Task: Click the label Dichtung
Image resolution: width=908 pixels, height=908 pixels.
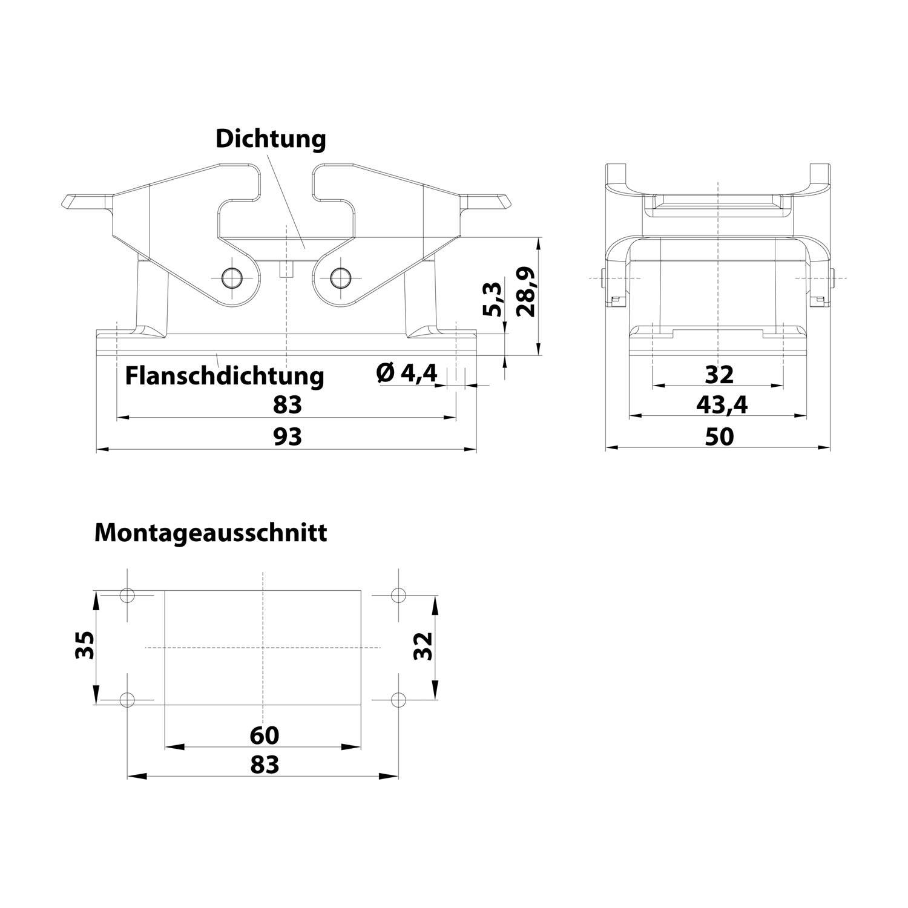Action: coord(271,139)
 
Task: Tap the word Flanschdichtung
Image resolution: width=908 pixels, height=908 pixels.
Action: coord(225,375)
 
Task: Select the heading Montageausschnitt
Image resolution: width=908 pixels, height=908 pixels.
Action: coord(211,533)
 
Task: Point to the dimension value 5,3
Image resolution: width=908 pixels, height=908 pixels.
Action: coord(493,298)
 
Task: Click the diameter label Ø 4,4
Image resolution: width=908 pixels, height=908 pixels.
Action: coord(406,372)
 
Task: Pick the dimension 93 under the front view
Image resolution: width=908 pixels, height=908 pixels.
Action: coord(287,436)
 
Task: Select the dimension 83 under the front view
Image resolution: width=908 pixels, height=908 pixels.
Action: coord(287,404)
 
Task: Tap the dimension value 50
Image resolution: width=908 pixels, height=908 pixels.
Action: coord(719,436)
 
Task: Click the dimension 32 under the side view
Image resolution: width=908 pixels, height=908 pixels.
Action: coord(719,375)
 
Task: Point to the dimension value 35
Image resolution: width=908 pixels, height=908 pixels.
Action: coord(84,646)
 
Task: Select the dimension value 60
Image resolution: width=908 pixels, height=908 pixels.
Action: coord(265,735)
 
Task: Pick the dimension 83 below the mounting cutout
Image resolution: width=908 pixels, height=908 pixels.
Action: coord(265,765)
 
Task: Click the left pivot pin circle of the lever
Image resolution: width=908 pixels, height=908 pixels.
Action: coord(231,278)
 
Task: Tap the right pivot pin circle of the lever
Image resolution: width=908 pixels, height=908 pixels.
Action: coord(341,278)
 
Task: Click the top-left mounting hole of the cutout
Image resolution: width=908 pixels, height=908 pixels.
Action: coord(127,595)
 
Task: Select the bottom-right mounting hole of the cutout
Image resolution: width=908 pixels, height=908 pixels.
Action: coord(398,700)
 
